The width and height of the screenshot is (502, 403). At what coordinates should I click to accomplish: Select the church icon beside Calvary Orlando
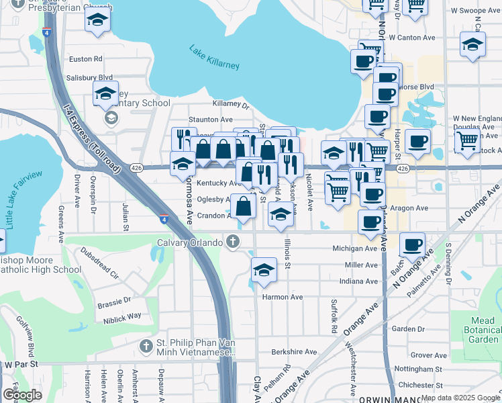[232, 242]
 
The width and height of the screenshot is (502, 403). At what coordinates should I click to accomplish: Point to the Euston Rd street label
[86, 59]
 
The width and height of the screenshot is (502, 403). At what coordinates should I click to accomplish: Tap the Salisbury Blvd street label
[91, 78]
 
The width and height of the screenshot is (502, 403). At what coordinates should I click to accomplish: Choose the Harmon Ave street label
[283, 297]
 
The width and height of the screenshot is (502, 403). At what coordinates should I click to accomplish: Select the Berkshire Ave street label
[294, 351]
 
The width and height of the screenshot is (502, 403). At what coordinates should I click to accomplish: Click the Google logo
[22, 395]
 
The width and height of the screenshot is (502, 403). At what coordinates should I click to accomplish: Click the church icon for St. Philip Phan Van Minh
[146, 346]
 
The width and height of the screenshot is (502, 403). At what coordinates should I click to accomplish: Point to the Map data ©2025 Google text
[460, 398]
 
